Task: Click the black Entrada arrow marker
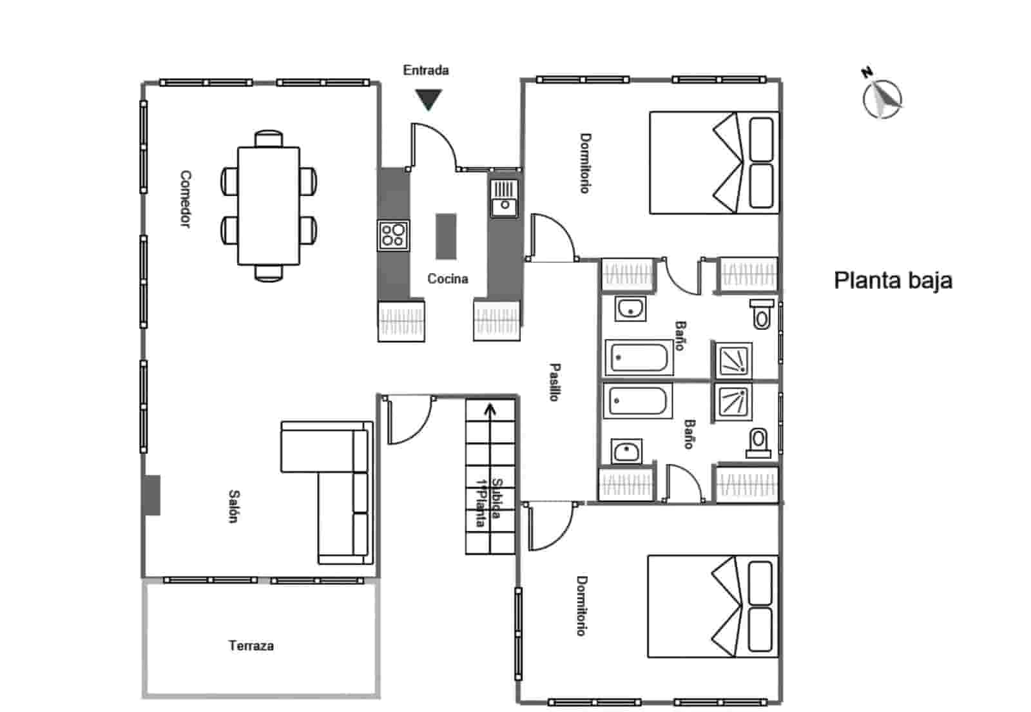pos(428,99)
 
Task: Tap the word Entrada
pos(425,70)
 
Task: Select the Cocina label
pos(448,279)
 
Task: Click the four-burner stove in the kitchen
pos(393,235)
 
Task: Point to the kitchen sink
pos(504,198)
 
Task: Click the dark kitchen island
pos(446,236)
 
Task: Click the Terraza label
pos(251,646)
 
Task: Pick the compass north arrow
pos(883,98)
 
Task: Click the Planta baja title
pos(893,281)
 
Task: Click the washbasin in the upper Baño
pos(630,309)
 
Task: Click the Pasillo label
pos(554,382)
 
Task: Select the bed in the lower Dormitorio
pos(713,606)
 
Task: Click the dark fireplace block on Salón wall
pos(152,495)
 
